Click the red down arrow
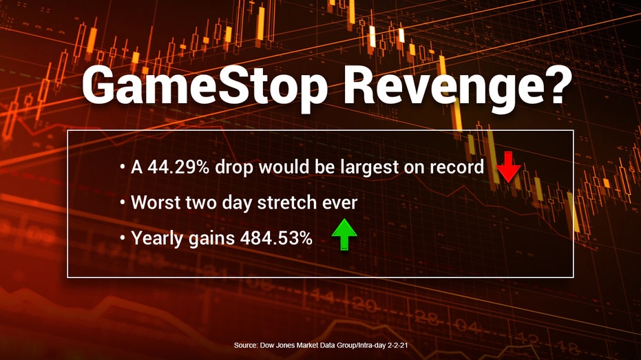pos(508,167)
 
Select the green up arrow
pos(344,234)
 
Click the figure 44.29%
pos(178,167)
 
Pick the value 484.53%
pos(276,238)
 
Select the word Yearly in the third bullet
pos(158,239)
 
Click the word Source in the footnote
pos(245,345)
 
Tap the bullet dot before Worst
pos(123,202)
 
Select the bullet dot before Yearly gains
pos(123,238)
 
